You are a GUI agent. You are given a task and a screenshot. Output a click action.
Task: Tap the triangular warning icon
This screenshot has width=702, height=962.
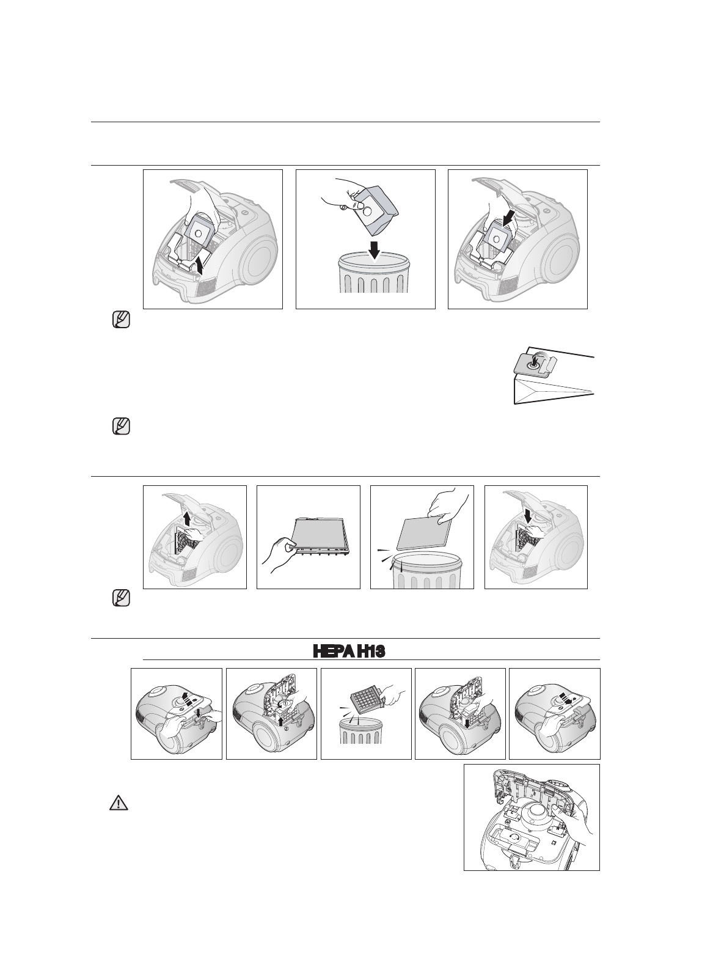pos(119,803)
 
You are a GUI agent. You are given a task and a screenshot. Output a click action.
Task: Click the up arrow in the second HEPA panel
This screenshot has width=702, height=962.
pos(280,722)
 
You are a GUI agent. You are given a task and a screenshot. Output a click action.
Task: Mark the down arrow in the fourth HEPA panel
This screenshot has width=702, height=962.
pos(468,724)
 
